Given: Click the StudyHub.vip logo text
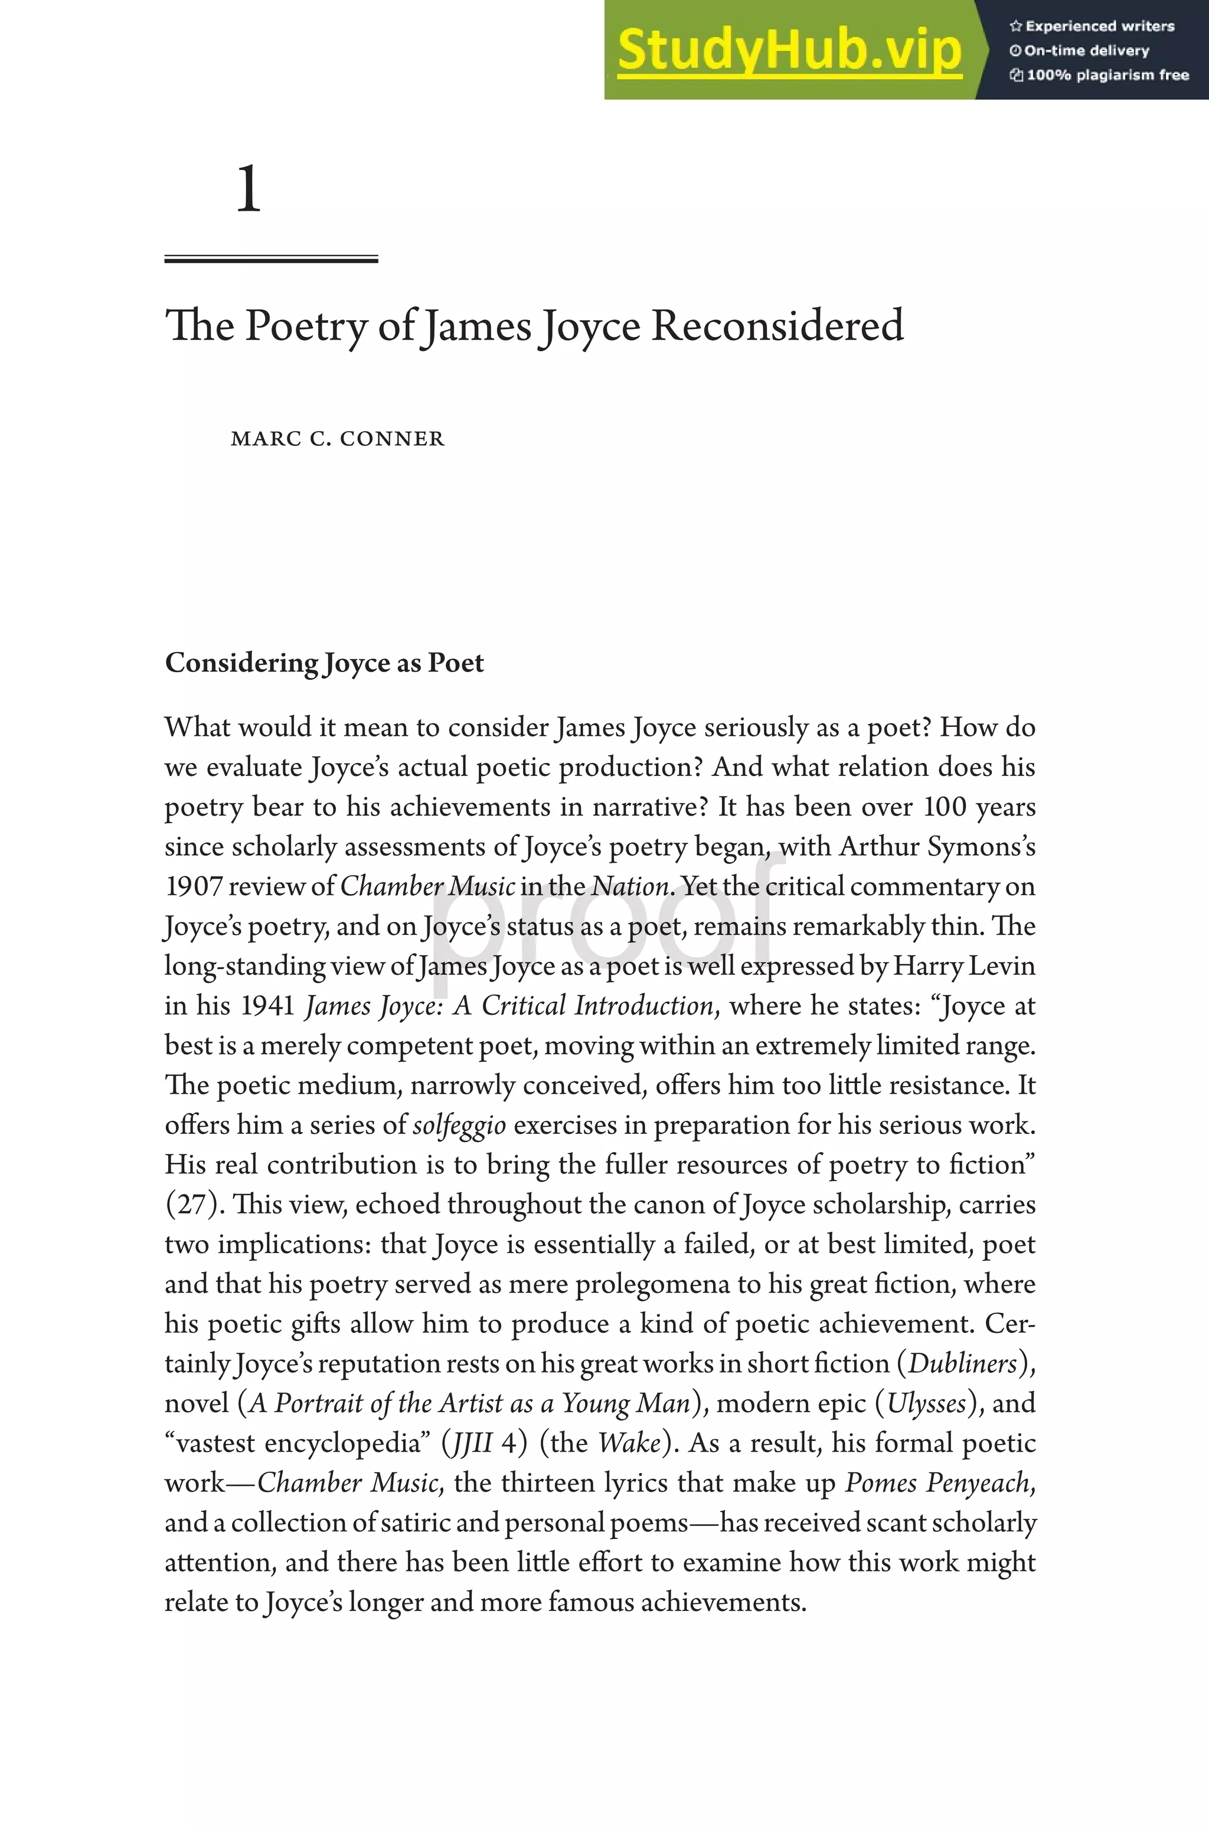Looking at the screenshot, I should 789,51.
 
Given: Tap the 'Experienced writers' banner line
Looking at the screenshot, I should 1092,26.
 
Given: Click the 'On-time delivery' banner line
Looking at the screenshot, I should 1080,51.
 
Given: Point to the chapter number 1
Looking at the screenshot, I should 249,189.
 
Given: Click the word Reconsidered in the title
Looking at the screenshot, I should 777,325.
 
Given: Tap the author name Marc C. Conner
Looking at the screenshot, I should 338,439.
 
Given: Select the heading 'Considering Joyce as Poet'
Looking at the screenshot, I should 324,663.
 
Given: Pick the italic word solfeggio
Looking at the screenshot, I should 459,1125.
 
